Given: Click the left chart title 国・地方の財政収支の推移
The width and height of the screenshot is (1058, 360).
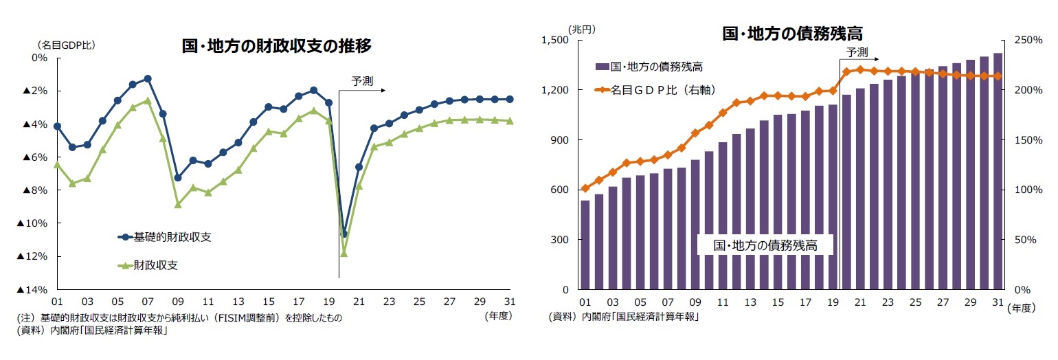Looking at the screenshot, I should tap(276, 46).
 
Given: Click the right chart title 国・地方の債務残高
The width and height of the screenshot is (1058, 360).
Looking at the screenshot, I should tap(791, 33).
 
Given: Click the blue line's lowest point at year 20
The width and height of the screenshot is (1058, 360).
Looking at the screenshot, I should tap(344, 234).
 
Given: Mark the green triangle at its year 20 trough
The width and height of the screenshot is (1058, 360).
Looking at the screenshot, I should tap(344, 254).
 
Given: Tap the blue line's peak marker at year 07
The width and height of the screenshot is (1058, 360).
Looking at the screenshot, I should tap(148, 78).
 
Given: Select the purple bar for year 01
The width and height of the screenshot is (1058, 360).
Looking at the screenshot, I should tap(585, 245).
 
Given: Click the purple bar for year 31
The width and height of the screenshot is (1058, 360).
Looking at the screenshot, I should tap(998, 172).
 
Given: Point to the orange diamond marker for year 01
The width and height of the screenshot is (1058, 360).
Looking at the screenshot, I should tap(585, 188).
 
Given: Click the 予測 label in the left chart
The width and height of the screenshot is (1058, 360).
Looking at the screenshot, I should tap(362, 80).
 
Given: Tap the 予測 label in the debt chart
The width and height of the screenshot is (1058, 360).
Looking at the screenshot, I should tap(857, 52).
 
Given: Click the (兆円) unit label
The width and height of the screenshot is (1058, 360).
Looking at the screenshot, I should tap(581, 29).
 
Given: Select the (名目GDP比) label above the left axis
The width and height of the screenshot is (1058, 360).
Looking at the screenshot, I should tap(65, 45).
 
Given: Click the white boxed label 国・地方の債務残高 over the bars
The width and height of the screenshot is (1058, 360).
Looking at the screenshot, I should tap(765, 245).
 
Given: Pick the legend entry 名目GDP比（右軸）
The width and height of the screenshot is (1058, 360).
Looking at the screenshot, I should tap(658, 89).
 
